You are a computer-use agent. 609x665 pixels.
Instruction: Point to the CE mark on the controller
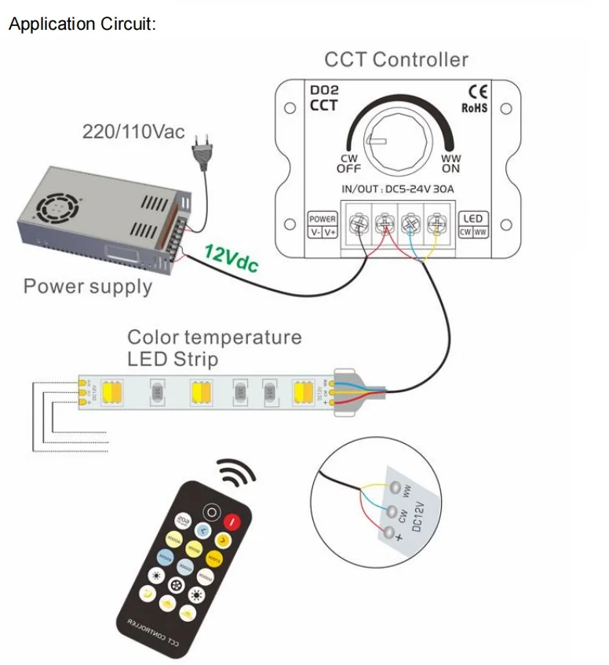(476, 93)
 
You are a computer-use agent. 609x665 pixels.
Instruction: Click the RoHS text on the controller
(475, 107)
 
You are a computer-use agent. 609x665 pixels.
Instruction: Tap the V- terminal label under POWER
(315, 232)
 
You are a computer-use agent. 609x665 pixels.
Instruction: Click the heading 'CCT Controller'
(396, 60)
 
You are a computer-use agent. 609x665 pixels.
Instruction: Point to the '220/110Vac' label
(133, 131)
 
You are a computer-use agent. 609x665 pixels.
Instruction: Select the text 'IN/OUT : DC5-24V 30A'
(397, 189)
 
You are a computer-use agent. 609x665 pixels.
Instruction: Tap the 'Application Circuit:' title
(82, 24)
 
